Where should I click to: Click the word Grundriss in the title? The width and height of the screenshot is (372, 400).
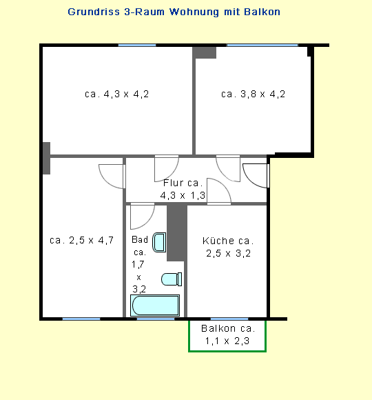pyautogui.click(x=94, y=12)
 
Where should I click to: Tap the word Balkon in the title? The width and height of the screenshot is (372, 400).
pyautogui.click(x=262, y=12)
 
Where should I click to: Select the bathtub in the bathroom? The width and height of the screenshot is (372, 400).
pyautogui.click(x=155, y=306)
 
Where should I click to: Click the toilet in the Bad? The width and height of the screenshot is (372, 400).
pyautogui.click(x=172, y=279)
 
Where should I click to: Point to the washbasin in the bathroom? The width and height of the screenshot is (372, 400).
pyautogui.click(x=159, y=242)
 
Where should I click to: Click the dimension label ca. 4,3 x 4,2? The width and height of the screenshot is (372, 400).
pyautogui.click(x=117, y=94)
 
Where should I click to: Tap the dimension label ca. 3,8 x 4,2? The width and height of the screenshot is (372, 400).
pyautogui.click(x=253, y=94)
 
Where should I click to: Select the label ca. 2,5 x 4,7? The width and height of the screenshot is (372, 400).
pyautogui.click(x=81, y=240)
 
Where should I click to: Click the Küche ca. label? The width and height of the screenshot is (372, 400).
pyautogui.click(x=228, y=241)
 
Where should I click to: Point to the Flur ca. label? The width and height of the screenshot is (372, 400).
pyautogui.click(x=183, y=183)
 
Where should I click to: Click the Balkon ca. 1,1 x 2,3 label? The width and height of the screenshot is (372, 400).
pyautogui.click(x=227, y=334)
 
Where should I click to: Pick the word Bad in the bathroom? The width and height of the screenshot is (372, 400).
pyautogui.click(x=140, y=239)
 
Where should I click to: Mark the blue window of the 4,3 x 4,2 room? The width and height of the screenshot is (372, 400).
pyautogui.click(x=137, y=45)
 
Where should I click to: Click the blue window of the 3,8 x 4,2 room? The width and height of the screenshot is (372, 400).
pyautogui.click(x=262, y=45)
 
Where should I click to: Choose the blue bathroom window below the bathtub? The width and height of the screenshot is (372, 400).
pyautogui.click(x=156, y=319)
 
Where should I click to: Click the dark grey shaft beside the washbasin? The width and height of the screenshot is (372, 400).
pyautogui.click(x=177, y=232)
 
